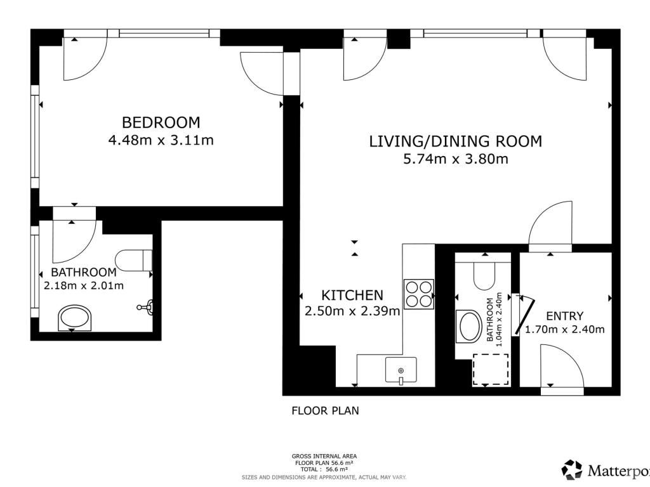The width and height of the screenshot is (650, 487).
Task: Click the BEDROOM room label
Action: [161, 122]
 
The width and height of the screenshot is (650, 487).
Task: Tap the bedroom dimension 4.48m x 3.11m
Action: [161, 140]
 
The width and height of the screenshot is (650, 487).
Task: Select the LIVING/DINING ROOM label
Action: [456, 141]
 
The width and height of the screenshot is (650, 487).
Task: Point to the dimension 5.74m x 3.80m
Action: [456, 159]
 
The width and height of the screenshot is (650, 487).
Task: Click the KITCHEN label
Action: [352, 295]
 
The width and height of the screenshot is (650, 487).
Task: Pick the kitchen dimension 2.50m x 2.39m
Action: [352, 311]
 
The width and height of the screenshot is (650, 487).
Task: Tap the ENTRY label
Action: [564, 316]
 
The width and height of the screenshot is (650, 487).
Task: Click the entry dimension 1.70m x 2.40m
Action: [564, 330]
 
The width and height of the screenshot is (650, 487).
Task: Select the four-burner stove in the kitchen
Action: [419, 294]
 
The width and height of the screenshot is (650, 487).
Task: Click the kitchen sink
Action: [401, 370]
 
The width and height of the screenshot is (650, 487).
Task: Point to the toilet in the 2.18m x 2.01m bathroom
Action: [133, 260]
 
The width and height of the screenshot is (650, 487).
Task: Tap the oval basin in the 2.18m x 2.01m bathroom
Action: [75, 318]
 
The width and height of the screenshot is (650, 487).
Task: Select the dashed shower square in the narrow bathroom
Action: [491, 370]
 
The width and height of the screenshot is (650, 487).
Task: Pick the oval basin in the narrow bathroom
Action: [469, 327]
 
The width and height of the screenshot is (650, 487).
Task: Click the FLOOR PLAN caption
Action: [326, 411]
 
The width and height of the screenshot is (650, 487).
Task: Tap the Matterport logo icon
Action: [572, 470]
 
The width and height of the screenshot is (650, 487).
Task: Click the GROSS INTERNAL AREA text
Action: [324, 457]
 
